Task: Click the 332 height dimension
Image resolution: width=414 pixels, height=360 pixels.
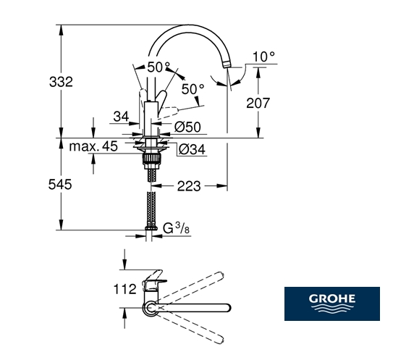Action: pyautogui.click(x=61, y=82)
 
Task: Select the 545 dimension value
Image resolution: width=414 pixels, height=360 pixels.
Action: pyautogui.click(x=60, y=184)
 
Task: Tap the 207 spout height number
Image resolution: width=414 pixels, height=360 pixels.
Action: pyautogui.click(x=258, y=103)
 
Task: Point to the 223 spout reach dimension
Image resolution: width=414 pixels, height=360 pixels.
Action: pyautogui.click(x=189, y=186)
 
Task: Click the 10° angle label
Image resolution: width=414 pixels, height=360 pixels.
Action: pyautogui.click(x=263, y=56)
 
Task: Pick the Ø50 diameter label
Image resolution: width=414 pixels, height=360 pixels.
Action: pyautogui.click(x=187, y=127)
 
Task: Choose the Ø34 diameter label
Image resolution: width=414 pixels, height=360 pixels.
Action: pyautogui.click(x=192, y=150)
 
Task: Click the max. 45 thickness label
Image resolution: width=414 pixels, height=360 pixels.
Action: pyautogui.click(x=93, y=146)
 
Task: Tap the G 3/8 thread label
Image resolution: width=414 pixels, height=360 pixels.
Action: pyautogui.click(x=176, y=228)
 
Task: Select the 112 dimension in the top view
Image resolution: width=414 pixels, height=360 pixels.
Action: pyautogui.click(x=124, y=289)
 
